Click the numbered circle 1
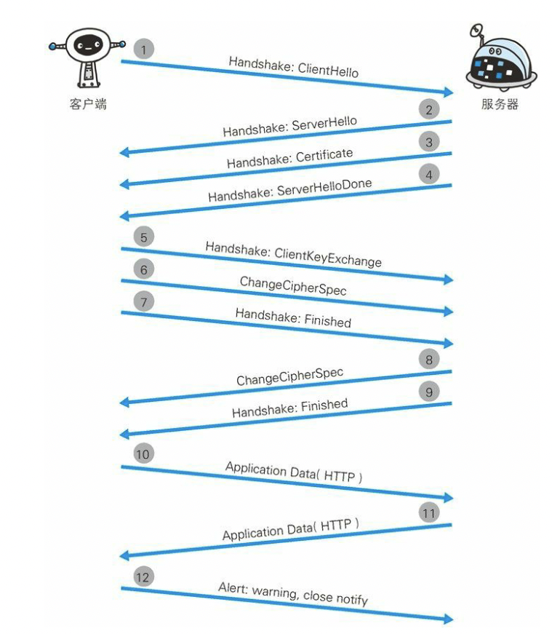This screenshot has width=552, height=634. point(144,49)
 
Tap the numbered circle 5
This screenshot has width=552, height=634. point(144,237)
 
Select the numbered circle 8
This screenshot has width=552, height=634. point(429,359)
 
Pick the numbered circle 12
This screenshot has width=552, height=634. point(144,576)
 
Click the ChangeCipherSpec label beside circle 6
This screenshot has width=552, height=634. point(293,285)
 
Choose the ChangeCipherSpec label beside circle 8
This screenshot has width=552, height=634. point(289,377)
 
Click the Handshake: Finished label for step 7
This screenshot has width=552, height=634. point(293,317)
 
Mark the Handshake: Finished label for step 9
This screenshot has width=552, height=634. point(289,408)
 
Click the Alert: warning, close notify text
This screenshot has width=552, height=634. point(293,593)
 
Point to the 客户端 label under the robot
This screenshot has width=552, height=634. point(88,104)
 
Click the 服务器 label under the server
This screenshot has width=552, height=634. point(500,104)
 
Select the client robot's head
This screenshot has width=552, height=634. point(87,45)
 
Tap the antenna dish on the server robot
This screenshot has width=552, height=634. point(476,31)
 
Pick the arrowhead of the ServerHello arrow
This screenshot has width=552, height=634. point(124,152)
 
